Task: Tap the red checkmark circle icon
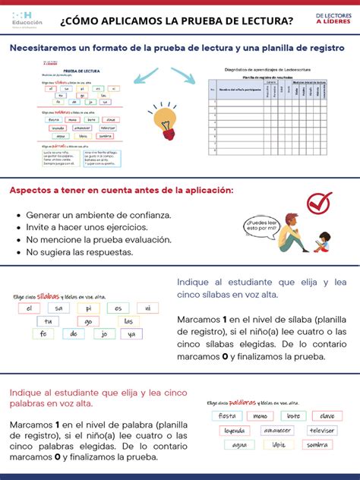pyautogui.click(x=319, y=203)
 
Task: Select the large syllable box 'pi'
pyautogui.click(x=88, y=308)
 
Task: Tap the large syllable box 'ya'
pyautogui.click(x=131, y=334)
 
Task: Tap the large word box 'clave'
pyautogui.click(x=327, y=416)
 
